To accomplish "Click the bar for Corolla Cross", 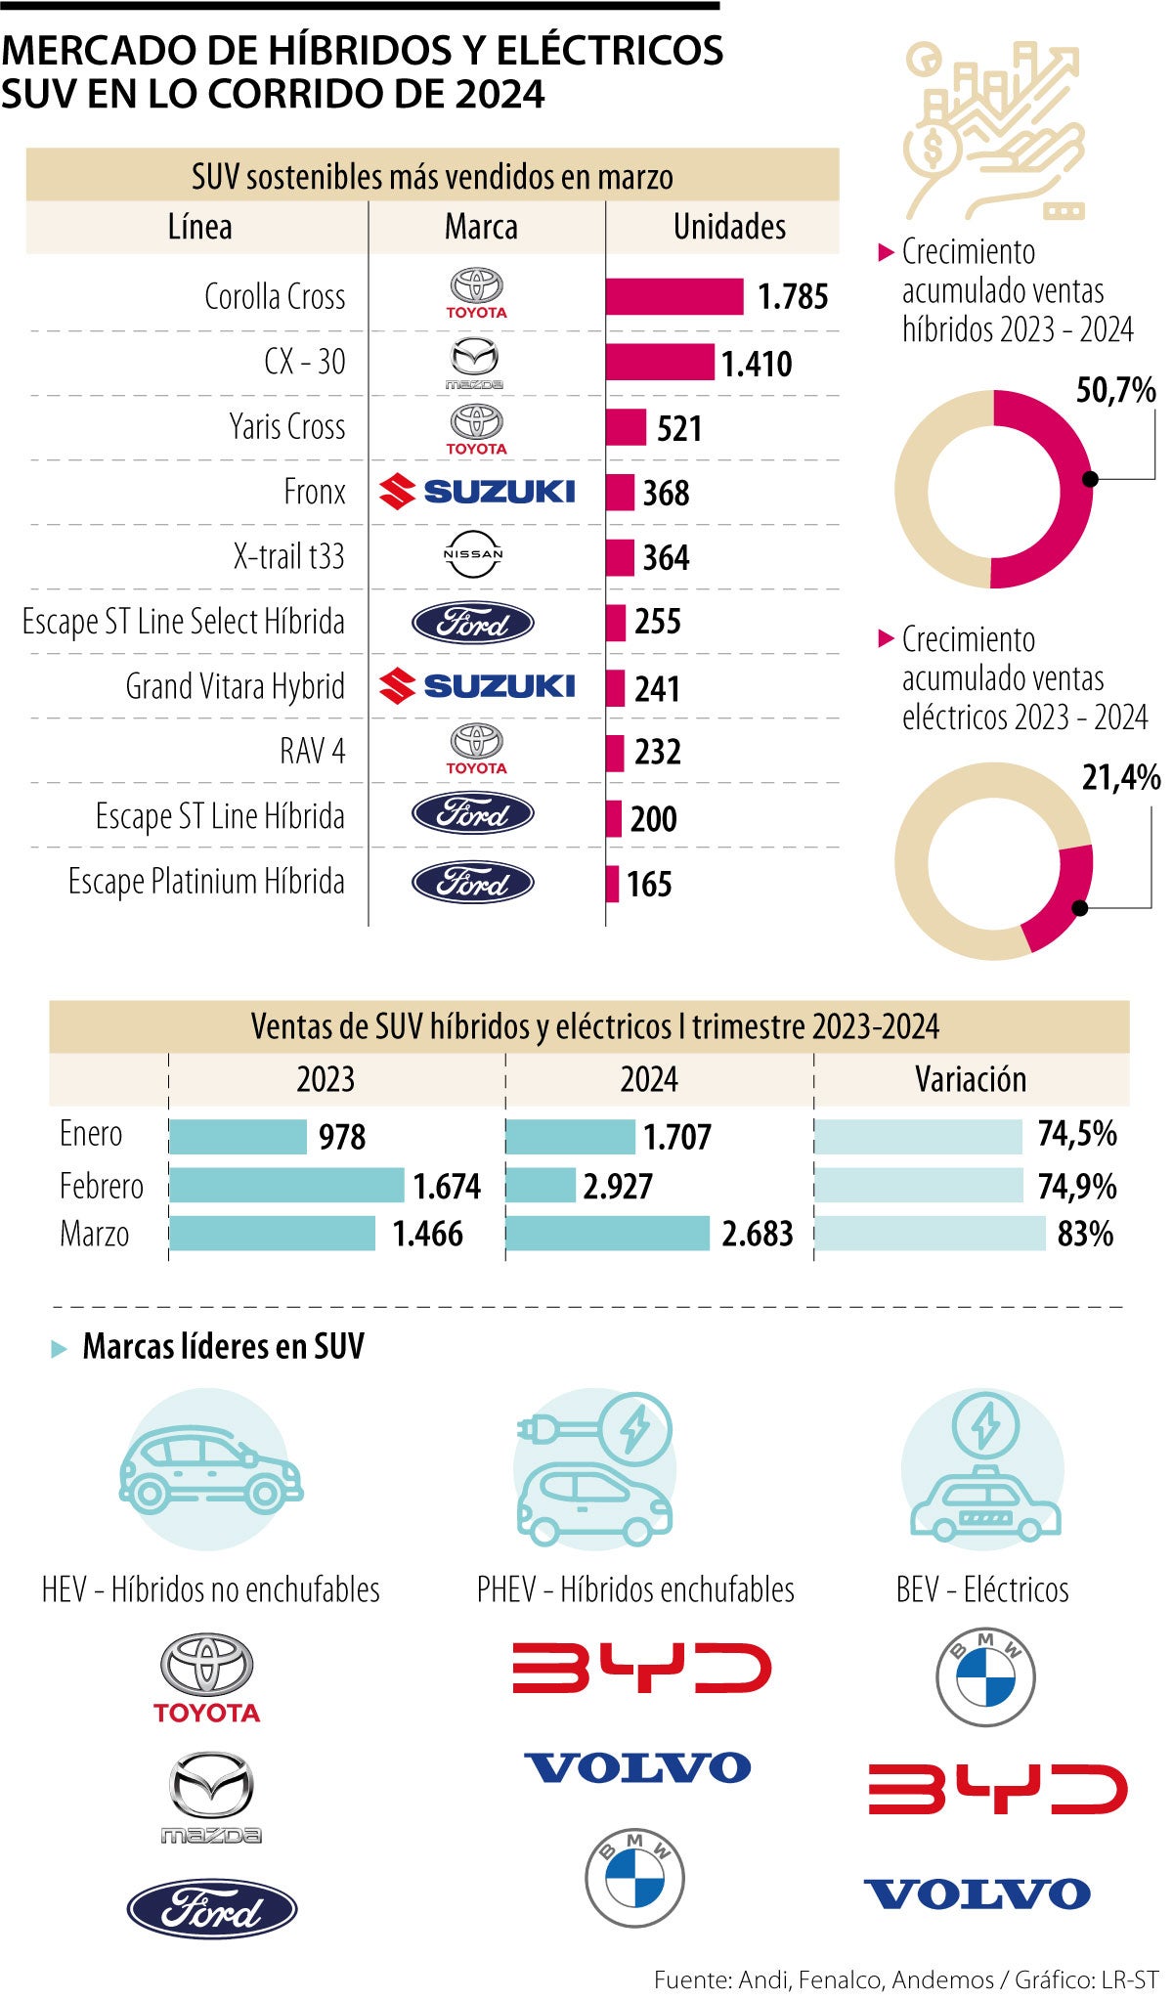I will [673, 297].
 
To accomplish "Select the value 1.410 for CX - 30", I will [756, 364].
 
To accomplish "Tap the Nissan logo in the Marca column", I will [473, 554].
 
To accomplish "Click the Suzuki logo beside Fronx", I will [477, 492].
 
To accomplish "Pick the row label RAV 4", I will [312, 752].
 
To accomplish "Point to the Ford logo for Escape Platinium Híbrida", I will [473, 883].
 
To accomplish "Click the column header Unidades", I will [729, 228].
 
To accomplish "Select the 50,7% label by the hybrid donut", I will [1115, 391].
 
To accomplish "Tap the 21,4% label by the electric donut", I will [1120, 778].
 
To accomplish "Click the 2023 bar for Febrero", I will [286, 1186].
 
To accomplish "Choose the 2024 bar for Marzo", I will [608, 1234].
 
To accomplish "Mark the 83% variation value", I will [1084, 1235].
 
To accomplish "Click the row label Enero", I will [91, 1134].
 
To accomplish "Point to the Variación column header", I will [971, 1080].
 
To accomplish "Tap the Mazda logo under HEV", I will [211, 1797].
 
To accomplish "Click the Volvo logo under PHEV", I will [637, 1767].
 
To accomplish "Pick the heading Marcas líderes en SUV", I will [223, 1347].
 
